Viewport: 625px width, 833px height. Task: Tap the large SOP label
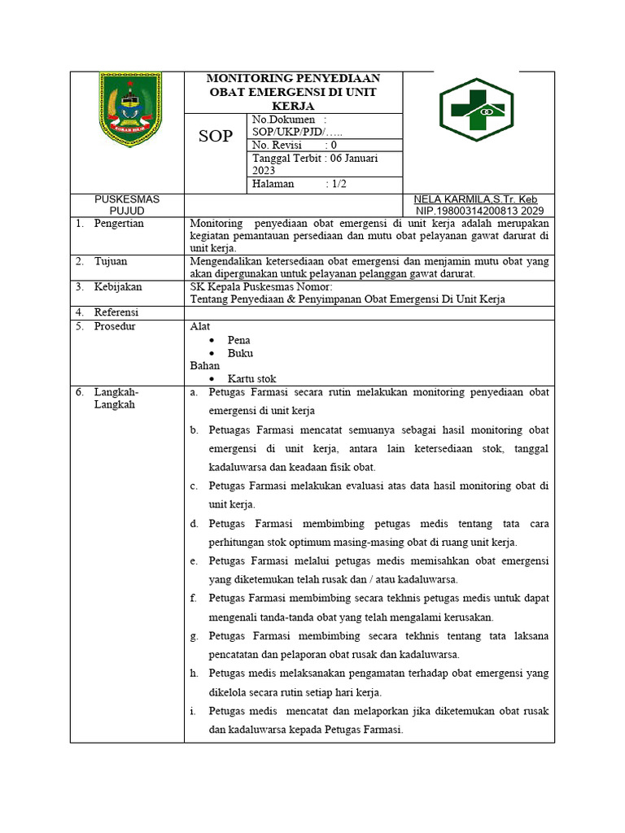coord(216,137)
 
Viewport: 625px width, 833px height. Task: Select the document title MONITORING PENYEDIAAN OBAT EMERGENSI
coord(293,92)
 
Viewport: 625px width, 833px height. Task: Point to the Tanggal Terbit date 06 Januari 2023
coord(315,165)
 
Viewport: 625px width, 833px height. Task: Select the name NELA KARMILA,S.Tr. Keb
coord(475,199)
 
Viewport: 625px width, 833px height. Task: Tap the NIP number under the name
coord(479,210)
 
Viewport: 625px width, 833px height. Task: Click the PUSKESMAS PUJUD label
coord(127,205)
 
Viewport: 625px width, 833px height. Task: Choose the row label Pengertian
coord(119,223)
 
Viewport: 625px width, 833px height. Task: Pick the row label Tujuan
coord(111,261)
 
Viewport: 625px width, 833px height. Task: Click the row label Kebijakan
coord(118,287)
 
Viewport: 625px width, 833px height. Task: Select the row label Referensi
coord(116,312)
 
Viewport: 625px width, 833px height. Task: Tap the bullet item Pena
coord(239,340)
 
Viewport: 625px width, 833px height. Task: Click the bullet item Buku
coord(240,353)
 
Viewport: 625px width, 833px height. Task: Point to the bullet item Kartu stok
coord(251,379)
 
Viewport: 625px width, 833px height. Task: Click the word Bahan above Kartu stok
coord(204,366)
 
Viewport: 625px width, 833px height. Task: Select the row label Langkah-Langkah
coord(116,398)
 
